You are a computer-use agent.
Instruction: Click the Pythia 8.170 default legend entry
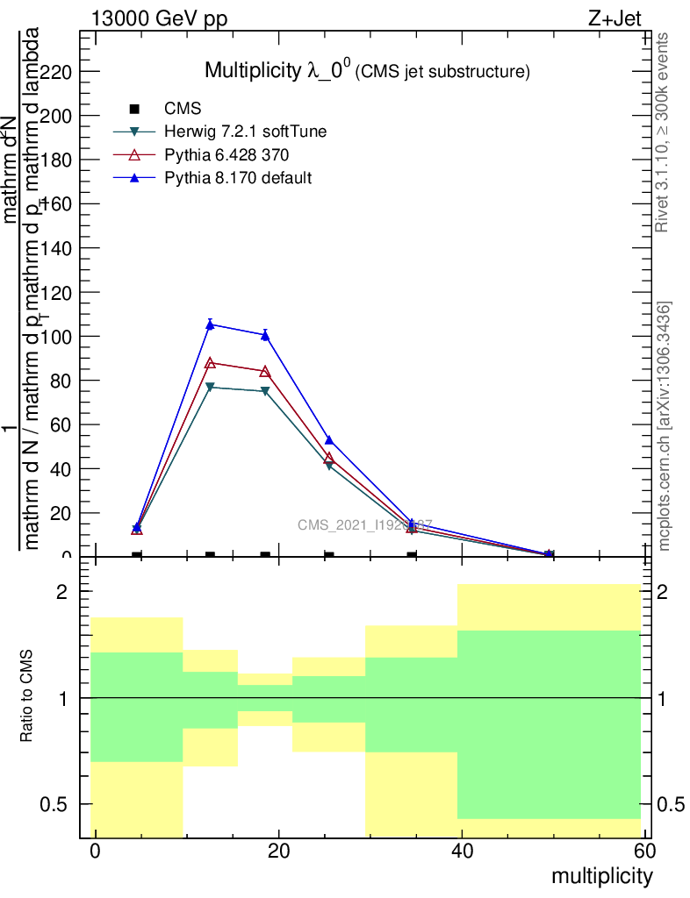coord(238,178)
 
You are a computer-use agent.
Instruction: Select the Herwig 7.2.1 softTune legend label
coord(246,132)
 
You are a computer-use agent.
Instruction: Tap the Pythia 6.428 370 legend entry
coord(226,155)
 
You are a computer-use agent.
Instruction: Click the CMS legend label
coord(183,109)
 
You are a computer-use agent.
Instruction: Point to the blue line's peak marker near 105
coord(210,324)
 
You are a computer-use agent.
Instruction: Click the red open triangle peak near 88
coord(210,362)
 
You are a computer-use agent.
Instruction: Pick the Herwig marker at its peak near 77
coord(210,387)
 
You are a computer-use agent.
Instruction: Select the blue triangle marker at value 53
coord(329,440)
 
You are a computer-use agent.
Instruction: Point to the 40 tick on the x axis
coord(462,851)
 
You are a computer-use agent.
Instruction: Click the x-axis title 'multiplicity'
coord(601,876)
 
